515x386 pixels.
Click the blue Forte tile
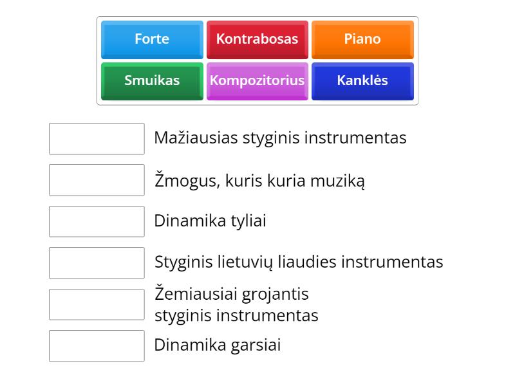(152, 39)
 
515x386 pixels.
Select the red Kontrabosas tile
(257, 39)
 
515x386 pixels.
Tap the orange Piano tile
(362, 39)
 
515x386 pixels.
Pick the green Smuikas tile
(152, 81)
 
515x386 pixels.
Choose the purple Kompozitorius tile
(257, 81)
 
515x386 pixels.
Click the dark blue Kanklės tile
(362, 81)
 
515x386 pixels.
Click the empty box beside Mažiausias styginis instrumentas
(97, 139)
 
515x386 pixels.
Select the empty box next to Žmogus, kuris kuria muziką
(97, 180)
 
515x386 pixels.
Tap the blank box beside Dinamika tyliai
(97, 221)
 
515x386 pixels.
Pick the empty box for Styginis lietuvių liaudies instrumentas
(97, 262)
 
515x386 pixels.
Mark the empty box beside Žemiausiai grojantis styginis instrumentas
(97, 304)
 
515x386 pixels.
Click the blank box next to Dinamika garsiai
(97, 345)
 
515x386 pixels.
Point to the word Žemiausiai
(196, 294)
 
